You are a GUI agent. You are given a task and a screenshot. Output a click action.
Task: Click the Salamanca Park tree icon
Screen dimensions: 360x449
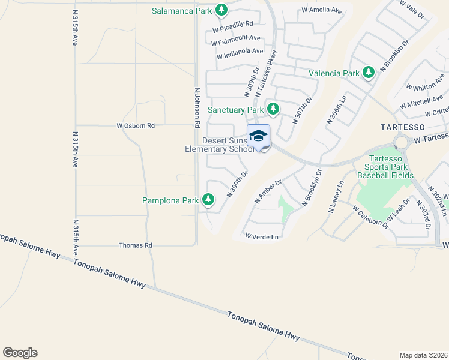tap(221, 10)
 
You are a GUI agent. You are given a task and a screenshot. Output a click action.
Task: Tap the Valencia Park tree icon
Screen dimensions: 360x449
tap(368, 73)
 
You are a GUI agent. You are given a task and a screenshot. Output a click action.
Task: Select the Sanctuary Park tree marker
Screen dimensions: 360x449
tap(273, 109)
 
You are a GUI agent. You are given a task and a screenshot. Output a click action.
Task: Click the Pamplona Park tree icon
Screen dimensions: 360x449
tap(208, 199)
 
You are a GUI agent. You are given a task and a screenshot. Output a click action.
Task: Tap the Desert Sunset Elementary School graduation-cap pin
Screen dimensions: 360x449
tap(258, 136)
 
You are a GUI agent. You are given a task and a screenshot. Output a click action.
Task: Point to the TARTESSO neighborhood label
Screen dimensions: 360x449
tap(403, 127)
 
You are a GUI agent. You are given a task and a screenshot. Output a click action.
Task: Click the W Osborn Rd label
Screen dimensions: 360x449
tap(136, 125)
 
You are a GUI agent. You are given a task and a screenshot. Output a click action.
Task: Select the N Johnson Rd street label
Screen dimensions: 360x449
tap(196, 107)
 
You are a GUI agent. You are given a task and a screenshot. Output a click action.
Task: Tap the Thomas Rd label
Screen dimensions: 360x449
tap(136, 245)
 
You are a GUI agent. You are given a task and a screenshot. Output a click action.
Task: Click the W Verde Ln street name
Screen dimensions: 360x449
tap(262, 237)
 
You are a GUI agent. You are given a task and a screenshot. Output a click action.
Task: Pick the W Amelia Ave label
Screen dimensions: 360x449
tap(321, 11)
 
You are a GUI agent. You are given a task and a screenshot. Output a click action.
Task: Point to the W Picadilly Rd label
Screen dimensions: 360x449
tap(233, 24)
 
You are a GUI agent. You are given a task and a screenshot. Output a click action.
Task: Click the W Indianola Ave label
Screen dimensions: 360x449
tap(240, 53)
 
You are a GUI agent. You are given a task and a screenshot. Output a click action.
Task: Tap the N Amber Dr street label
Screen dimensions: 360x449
tap(268, 190)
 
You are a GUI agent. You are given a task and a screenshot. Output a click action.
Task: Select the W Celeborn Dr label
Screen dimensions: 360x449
tap(370, 216)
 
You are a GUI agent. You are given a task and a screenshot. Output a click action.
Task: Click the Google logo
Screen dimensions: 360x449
tap(20, 353)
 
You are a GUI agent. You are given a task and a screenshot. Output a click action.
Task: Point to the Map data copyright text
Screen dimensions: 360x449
tap(423, 355)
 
